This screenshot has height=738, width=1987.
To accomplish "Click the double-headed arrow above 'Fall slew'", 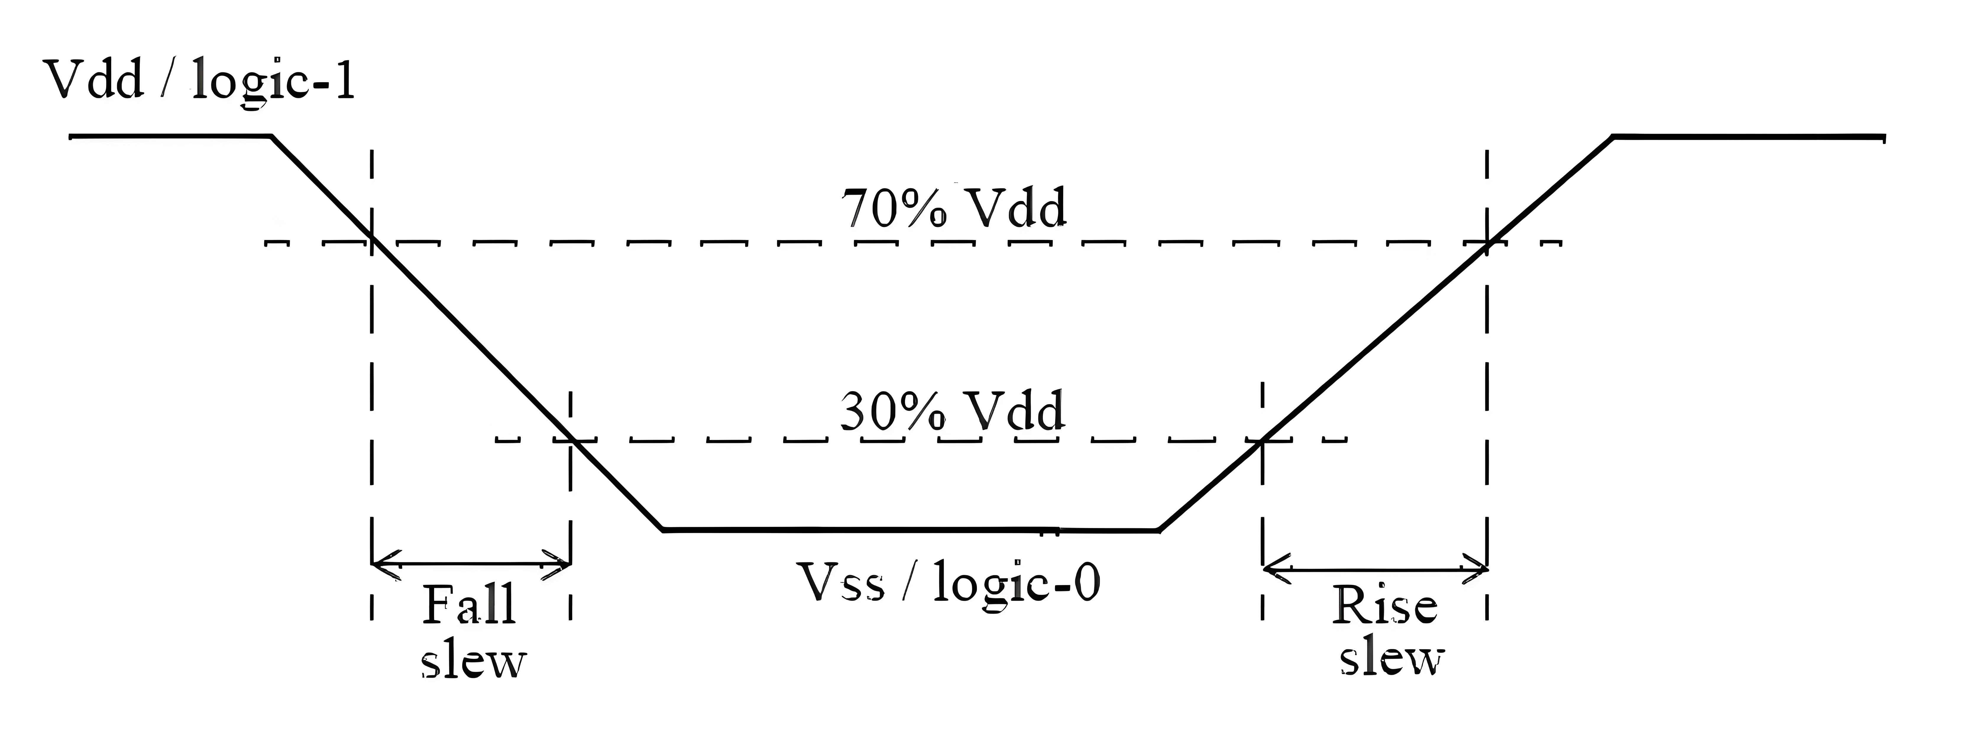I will pos(471,564).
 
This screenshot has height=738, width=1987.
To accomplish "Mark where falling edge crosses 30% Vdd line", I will pos(571,440).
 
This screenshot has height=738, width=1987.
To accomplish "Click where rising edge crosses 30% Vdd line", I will pos(1263,440).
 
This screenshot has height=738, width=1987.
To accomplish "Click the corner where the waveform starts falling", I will pos(271,137).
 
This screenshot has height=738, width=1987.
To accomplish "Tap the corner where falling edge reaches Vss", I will pos(663,530).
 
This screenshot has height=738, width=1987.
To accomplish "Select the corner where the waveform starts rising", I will pos(1158,530).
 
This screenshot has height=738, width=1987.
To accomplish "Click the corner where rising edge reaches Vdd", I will pos(1614,137).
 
